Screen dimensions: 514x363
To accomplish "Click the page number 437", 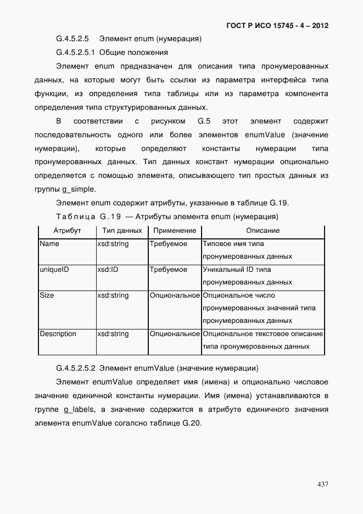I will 322,484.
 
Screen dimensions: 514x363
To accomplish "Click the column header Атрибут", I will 66,231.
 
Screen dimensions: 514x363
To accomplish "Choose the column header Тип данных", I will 122,231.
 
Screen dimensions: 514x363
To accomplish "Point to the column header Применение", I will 175,231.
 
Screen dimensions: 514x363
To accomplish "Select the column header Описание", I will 263,231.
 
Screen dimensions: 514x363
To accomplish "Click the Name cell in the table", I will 50,244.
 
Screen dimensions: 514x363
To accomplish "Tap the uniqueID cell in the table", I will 54,270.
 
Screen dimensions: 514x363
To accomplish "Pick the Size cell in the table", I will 47,295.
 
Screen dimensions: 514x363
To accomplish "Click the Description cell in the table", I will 58,334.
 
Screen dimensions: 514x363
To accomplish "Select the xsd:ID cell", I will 108,270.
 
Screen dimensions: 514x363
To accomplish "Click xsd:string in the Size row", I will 113,295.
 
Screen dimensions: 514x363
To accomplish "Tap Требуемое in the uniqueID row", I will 169,270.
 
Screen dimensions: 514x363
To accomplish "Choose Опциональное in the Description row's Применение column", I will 175,334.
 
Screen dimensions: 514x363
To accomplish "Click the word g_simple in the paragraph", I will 80,189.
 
